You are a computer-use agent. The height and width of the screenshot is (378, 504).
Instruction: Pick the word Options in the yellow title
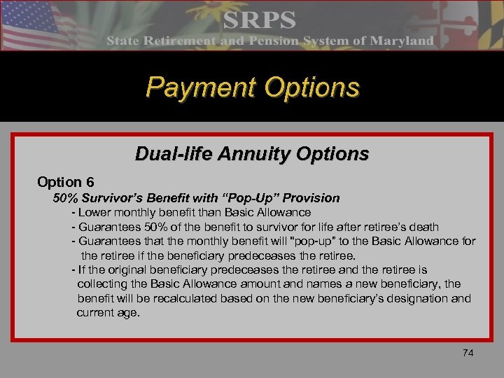314,87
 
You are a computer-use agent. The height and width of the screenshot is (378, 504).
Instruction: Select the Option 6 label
66,182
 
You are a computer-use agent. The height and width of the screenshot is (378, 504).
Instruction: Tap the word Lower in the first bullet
94,212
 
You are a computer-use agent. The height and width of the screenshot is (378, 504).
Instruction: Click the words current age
108,313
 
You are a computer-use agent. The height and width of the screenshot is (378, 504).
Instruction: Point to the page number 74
468,353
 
